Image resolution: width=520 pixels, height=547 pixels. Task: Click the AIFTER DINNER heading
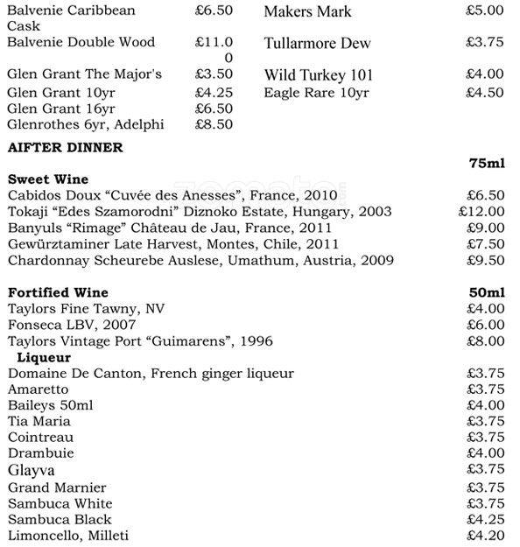[65, 148]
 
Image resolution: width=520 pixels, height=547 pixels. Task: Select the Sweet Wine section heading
[47, 179]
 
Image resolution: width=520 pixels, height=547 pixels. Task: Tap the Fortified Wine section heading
[59, 292]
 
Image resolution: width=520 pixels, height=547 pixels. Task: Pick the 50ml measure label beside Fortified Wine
[488, 292]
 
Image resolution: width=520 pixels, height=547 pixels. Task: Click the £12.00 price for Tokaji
[481, 212]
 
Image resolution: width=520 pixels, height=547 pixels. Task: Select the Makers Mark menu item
[307, 12]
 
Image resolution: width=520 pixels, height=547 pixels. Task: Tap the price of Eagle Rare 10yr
[485, 92]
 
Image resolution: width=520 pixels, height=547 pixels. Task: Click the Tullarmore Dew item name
[317, 43]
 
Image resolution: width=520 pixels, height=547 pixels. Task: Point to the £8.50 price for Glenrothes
[214, 124]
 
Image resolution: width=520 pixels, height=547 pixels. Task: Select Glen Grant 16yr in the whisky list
[61, 108]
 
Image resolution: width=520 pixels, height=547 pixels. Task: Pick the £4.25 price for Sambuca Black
[485, 519]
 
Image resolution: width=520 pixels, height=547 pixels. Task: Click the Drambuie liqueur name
[41, 453]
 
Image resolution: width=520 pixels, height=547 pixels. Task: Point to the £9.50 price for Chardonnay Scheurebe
[485, 260]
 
